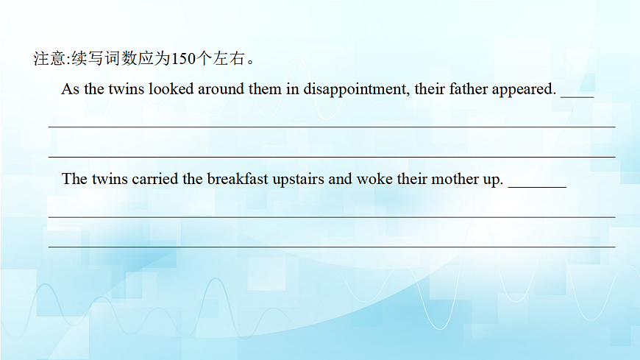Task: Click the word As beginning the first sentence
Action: pyautogui.click(x=70, y=89)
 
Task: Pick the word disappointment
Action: pyautogui.click(x=355, y=90)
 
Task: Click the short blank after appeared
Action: pyautogui.click(x=577, y=94)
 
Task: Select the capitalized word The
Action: pyautogui.click(x=74, y=179)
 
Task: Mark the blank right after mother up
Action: pyautogui.click(x=537, y=185)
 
